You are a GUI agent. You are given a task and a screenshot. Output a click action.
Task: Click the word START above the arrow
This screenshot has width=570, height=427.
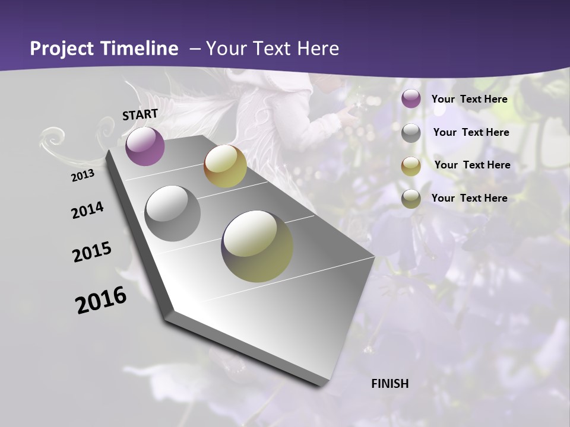pos(140,114)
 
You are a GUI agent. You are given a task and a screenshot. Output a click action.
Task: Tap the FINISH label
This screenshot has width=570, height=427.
pos(390,384)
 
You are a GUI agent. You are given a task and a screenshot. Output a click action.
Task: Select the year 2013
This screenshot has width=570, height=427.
pos(83,176)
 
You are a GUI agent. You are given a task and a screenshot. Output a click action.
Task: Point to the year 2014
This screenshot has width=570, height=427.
pos(87,211)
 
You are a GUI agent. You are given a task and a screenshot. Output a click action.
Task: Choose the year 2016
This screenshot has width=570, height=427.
pos(101,300)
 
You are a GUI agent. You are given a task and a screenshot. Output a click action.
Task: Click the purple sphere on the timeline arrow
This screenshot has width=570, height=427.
pos(145,146)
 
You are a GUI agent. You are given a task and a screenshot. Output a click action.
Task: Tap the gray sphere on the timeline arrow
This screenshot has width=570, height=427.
pos(172,213)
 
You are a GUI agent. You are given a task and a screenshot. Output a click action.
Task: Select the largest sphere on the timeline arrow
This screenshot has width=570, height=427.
pos(257,246)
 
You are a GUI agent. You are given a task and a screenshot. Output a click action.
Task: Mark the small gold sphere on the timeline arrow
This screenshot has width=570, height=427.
pos(225,167)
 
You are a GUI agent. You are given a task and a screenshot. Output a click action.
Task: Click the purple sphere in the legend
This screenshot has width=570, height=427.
pos(411,99)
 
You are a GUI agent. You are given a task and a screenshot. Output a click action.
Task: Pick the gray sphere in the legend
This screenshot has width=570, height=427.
pos(411,133)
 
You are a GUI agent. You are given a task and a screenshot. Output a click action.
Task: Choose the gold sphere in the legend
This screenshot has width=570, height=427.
pos(411,166)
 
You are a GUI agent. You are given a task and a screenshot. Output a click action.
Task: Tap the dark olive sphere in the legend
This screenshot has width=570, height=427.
pos(411,199)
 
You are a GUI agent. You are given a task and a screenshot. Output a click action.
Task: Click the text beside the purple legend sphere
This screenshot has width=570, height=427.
pos(470,99)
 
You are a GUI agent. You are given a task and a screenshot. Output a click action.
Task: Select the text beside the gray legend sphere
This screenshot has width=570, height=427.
pos(471,132)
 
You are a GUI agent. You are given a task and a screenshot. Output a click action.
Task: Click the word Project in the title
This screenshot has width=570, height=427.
pos(62,49)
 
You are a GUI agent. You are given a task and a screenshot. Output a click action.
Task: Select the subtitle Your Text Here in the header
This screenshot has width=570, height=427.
pos(273,49)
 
